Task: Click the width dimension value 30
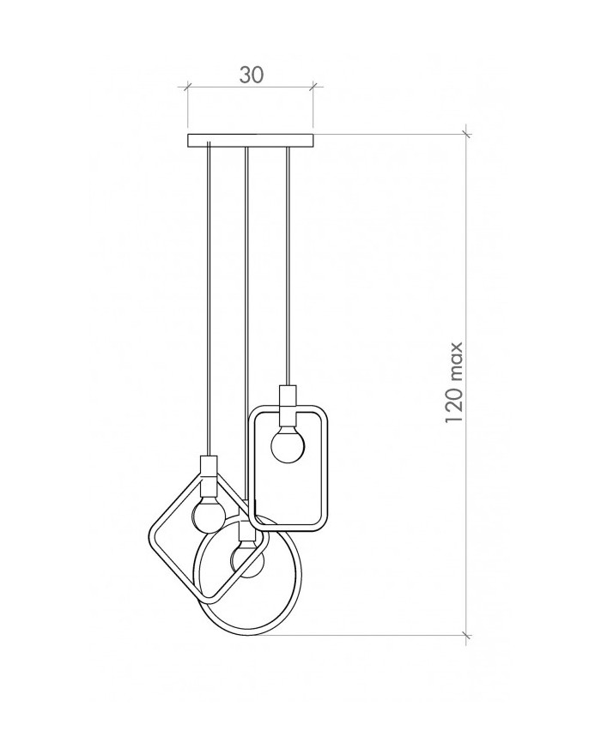click(252, 75)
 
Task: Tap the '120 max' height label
click(454, 383)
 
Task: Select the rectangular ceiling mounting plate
click(251, 140)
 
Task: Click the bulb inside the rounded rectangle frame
click(288, 446)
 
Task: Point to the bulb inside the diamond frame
click(209, 515)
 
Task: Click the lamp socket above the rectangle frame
click(288, 402)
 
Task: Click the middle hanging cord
click(246, 323)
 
